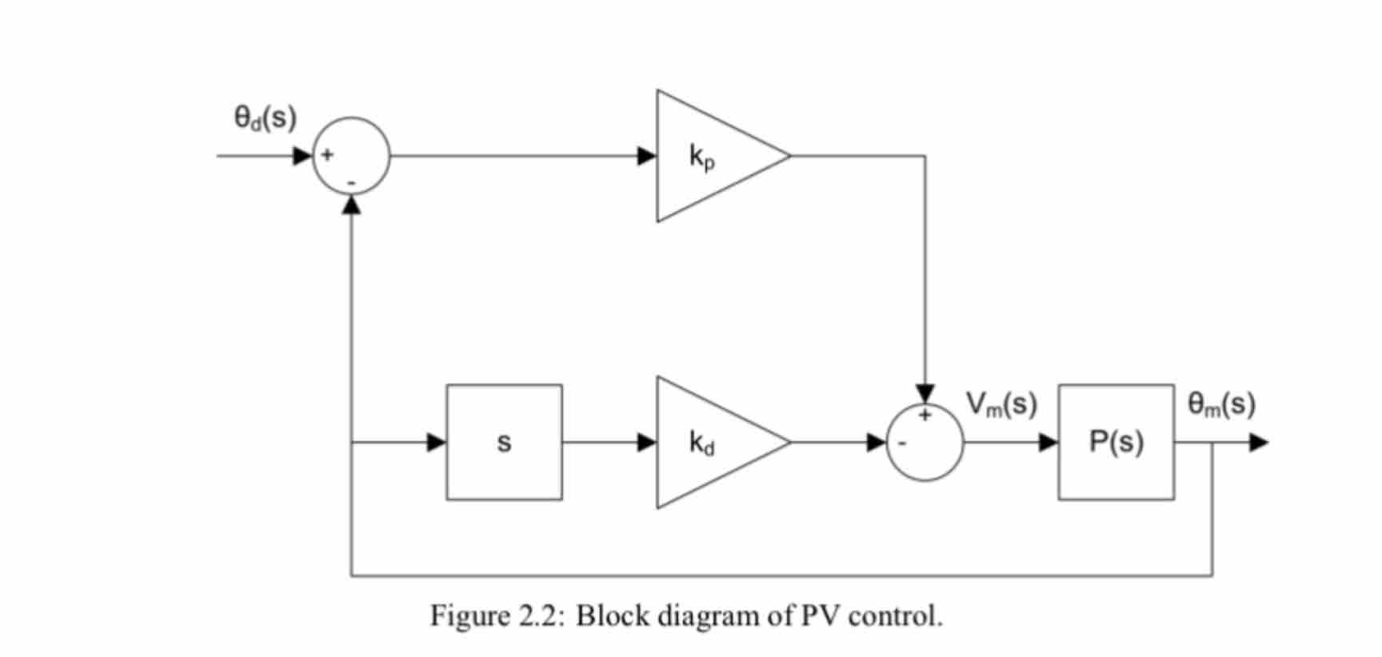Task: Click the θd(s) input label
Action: [265, 118]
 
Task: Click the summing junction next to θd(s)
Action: [351, 156]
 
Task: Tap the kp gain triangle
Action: [708, 156]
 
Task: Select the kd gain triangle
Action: [708, 442]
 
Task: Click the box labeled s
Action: [504, 442]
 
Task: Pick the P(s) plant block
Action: [1116, 442]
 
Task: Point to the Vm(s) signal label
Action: [1001, 404]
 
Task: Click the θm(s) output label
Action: [1221, 404]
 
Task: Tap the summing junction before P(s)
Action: [925, 442]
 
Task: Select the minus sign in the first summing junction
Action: [351, 183]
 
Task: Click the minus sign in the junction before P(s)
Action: [901, 443]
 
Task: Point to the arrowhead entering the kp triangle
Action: [647, 156]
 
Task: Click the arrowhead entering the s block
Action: [437, 442]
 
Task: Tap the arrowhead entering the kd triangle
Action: [647, 442]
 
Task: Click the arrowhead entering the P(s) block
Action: [1048, 442]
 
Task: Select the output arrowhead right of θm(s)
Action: [1259, 442]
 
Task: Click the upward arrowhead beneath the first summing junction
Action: [351, 205]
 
